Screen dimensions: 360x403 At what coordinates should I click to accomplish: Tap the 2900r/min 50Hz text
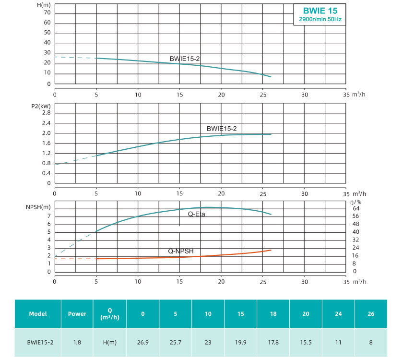tap(320, 19)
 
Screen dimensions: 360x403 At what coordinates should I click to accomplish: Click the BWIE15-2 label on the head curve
tap(184, 59)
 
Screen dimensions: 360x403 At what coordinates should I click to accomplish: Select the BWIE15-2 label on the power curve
tap(222, 129)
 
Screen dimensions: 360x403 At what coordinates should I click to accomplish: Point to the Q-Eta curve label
tap(196, 214)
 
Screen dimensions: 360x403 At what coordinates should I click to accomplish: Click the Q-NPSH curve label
tap(181, 251)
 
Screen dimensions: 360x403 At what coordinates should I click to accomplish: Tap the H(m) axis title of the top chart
tap(44, 5)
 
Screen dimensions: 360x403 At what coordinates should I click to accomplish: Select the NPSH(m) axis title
tap(38, 207)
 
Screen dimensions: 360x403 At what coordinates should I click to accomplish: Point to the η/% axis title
tap(356, 202)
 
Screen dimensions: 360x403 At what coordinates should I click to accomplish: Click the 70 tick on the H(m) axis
tap(47, 13)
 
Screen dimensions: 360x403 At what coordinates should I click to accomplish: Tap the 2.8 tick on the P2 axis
tap(46, 112)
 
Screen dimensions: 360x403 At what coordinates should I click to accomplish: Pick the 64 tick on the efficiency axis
tap(356, 208)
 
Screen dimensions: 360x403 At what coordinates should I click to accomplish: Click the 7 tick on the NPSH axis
tap(48, 216)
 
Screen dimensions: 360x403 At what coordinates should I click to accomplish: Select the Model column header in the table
tap(38, 314)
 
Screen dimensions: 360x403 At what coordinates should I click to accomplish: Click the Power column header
tap(77, 314)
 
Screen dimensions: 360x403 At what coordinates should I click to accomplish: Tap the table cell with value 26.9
tap(142, 342)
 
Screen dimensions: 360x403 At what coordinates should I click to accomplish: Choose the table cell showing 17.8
tap(273, 342)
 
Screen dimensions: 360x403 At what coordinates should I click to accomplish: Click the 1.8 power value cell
tap(77, 342)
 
